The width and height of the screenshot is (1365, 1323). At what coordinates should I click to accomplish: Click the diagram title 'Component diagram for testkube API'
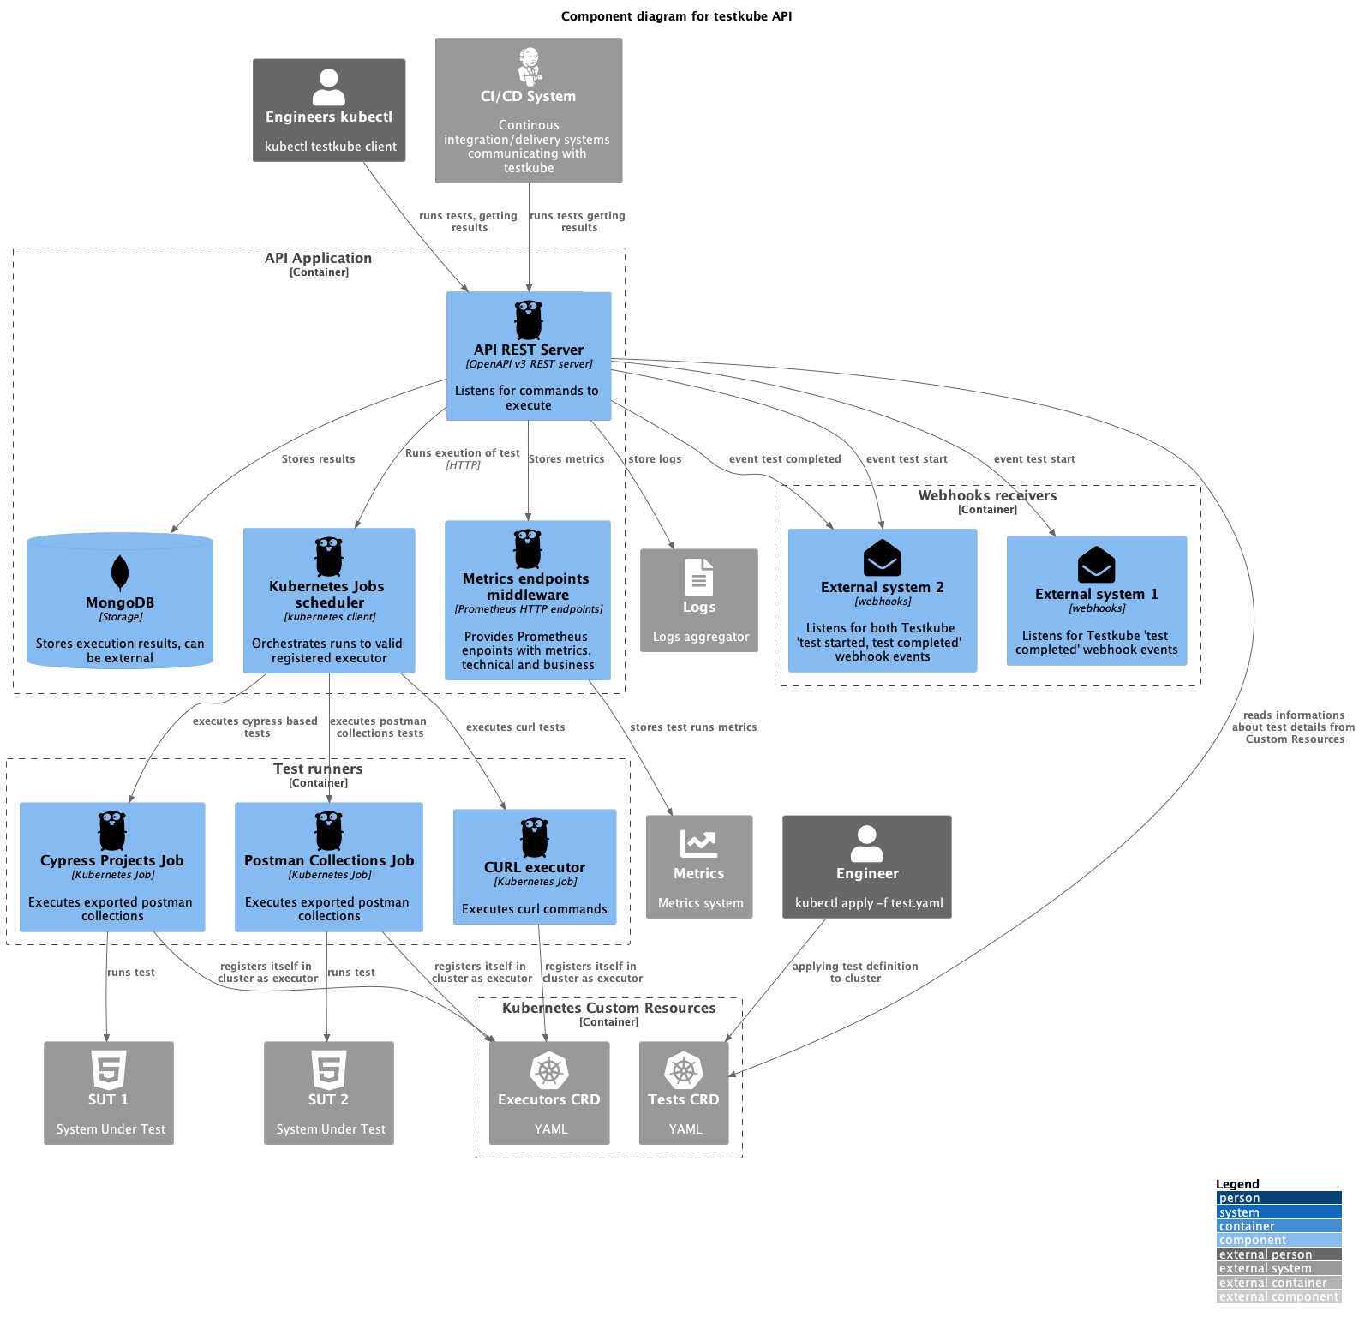click(x=676, y=16)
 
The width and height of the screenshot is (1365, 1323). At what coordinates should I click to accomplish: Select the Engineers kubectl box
click(x=329, y=111)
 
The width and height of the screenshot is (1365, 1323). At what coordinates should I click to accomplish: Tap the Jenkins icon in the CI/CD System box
click(x=530, y=65)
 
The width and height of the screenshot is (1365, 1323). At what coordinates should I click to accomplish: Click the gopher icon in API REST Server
click(x=529, y=320)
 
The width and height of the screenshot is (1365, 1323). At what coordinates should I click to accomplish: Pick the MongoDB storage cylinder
click(x=120, y=601)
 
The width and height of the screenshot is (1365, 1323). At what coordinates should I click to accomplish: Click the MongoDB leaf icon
click(x=120, y=572)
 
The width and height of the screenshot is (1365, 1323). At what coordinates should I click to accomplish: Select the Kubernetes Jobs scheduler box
click(x=329, y=601)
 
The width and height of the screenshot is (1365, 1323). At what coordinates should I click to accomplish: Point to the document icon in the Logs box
click(x=698, y=577)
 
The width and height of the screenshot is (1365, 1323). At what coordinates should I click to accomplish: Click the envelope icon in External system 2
click(x=882, y=558)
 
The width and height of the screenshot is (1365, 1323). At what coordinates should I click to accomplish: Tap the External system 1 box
click(x=1096, y=601)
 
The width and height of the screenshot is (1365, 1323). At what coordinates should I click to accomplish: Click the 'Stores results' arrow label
click(x=318, y=459)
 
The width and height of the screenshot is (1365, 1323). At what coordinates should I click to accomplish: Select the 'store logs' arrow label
click(x=655, y=459)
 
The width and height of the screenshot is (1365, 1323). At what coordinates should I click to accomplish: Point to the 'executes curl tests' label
click(x=515, y=727)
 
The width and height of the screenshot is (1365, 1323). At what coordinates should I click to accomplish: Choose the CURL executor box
click(x=535, y=867)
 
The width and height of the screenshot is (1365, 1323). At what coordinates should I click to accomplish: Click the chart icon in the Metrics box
click(x=698, y=843)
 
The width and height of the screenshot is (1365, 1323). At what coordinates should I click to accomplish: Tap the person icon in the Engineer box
click(x=866, y=843)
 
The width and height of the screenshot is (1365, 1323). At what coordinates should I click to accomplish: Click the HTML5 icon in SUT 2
click(x=329, y=1069)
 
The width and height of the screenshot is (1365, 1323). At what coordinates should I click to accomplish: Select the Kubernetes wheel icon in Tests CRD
click(x=683, y=1070)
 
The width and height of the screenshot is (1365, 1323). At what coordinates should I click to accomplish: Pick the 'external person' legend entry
click(x=1265, y=1254)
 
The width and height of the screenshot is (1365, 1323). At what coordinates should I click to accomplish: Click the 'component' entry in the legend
click(x=1252, y=1240)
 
